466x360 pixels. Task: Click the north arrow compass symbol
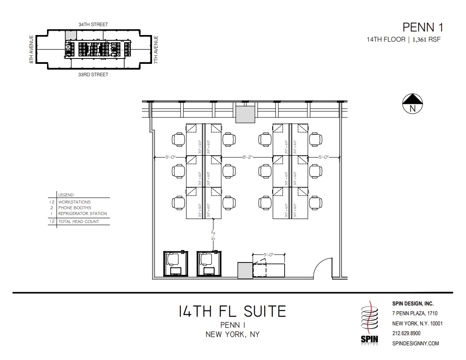coord(412,103)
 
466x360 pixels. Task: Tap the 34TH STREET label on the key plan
coord(93,25)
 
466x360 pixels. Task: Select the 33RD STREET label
coord(93,74)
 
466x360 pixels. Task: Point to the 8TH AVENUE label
coord(31,49)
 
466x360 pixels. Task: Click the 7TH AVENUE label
coord(156,49)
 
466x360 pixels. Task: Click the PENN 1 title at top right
coord(422,27)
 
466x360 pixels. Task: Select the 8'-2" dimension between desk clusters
coord(247,157)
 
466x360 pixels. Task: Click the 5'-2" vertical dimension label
coord(213,235)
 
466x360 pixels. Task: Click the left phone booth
coord(176,264)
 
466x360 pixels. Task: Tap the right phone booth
coord(209,264)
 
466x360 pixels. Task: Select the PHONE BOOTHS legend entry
coord(74,207)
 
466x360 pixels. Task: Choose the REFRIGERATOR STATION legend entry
coord(82,213)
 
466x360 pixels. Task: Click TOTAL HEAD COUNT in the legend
coord(78,221)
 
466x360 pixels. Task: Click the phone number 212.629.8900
coord(406,333)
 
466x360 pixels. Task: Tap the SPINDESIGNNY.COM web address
coord(415,343)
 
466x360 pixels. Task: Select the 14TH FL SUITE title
coord(233,311)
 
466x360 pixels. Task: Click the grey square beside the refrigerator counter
coord(245,270)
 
